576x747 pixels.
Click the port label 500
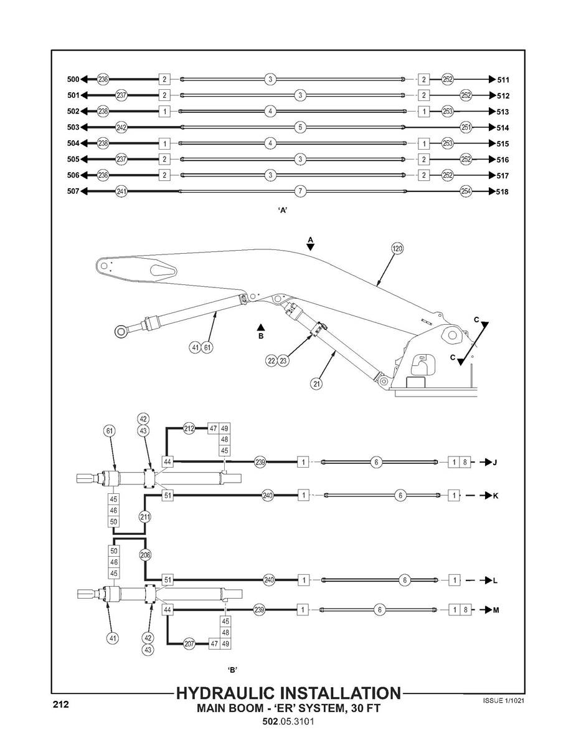click(73, 79)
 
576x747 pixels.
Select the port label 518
click(503, 191)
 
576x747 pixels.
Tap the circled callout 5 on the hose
click(300, 127)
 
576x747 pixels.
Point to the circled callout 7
click(300, 191)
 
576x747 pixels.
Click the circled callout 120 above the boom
click(397, 248)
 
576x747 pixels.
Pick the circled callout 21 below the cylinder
click(317, 384)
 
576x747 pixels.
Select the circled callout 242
click(121, 127)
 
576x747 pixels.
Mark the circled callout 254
click(465, 191)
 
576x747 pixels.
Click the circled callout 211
click(144, 517)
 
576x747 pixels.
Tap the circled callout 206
click(144, 554)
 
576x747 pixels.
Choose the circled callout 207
click(189, 644)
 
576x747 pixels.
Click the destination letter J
click(495, 463)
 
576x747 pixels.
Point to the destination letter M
click(496, 610)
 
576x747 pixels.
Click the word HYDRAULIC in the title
click(234, 693)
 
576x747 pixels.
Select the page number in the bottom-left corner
click(60, 705)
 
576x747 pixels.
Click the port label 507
click(73, 191)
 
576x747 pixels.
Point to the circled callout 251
click(465, 127)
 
